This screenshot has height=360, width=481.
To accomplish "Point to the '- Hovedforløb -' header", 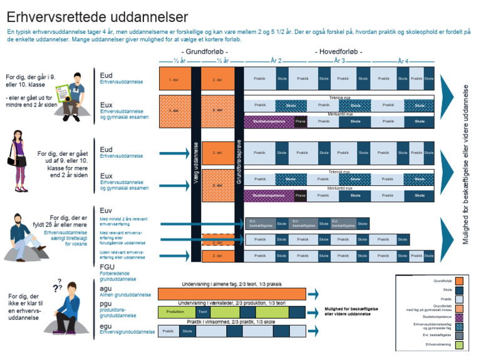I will pyautogui.click(x=339, y=51).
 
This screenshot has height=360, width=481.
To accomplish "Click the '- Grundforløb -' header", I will pyautogui.click(x=204, y=51).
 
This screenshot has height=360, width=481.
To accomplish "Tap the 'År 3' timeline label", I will pyautogui.click(x=339, y=61).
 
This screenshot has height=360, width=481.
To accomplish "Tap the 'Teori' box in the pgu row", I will pyautogui.click(x=202, y=311).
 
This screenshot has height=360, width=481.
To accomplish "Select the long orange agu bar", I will pyautogui.click(x=232, y=294).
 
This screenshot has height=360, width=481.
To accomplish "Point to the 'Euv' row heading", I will pyautogui.click(x=106, y=210).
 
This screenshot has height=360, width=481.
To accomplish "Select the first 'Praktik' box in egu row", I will pyautogui.click(x=168, y=331).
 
